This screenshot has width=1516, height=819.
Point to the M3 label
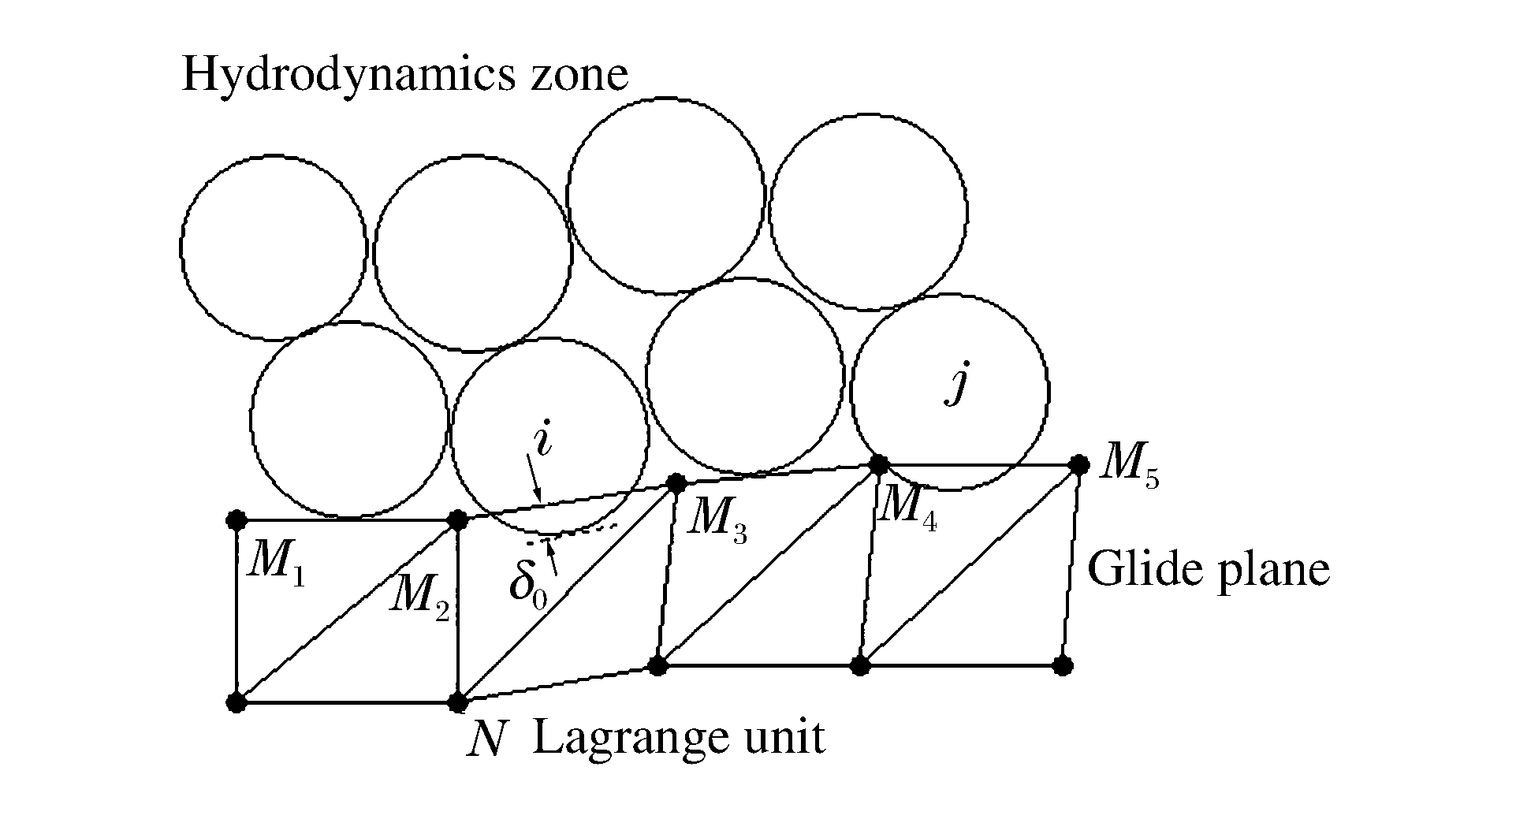715,522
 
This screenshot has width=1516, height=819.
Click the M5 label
1129,467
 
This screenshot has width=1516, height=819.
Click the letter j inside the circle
956,385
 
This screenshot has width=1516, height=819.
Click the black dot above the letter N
458,702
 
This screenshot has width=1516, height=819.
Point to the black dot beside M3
676,483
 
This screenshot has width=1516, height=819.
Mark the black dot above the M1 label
236,519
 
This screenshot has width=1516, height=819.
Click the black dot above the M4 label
877,464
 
